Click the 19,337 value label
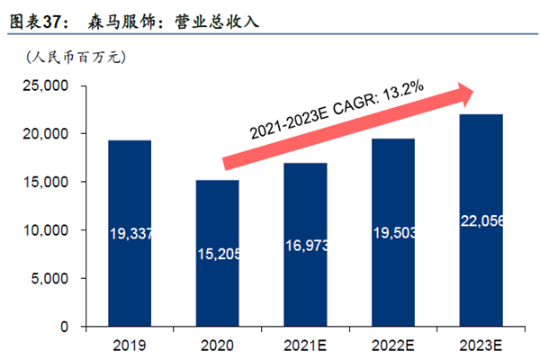130,234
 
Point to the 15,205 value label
217,255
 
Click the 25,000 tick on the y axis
45,85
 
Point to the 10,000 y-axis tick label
45,230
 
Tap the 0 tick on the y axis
65,328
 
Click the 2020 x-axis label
217,346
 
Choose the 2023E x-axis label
481,346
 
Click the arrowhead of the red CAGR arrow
468,90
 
